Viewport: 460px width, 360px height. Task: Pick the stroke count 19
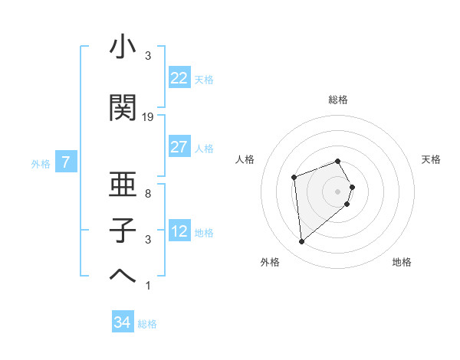click(x=148, y=117)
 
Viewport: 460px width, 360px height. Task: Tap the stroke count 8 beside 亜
click(x=148, y=194)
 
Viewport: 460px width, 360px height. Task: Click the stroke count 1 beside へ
click(x=148, y=286)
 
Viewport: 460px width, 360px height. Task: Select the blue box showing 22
click(x=179, y=78)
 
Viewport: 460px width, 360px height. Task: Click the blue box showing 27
click(x=179, y=147)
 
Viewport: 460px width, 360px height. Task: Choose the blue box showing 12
click(x=179, y=231)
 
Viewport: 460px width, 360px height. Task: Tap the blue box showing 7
click(x=67, y=162)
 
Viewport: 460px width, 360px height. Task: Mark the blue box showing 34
click(x=122, y=322)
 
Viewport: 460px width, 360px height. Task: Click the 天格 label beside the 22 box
click(x=204, y=79)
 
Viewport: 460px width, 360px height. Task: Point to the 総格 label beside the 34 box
click(x=147, y=324)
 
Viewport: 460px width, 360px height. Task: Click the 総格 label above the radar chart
click(x=338, y=100)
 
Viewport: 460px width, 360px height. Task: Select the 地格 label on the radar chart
click(x=402, y=262)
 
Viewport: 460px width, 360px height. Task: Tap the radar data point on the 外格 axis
click(x=302, y=242)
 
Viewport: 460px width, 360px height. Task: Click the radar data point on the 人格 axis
click(x=294, y=178)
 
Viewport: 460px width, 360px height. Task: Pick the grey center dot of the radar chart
click(x=338, y=190)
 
